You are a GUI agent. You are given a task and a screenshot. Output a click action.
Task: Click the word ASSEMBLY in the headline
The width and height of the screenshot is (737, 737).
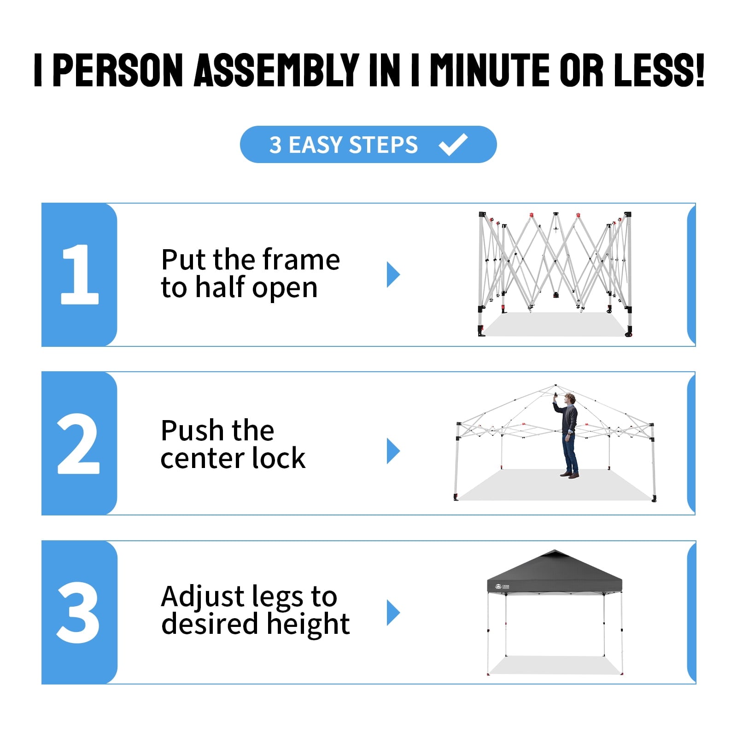coord(277,70)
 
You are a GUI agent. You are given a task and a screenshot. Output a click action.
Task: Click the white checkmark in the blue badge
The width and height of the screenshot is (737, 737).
coord(453,144)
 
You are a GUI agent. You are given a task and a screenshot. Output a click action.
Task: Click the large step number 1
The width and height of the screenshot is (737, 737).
coord(80,274)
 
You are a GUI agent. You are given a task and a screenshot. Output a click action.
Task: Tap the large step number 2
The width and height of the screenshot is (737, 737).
coord(78,444)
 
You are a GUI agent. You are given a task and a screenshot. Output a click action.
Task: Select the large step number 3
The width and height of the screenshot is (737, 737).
coord(78,613)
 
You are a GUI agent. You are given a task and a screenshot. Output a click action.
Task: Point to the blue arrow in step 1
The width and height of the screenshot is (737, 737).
coord(393,275)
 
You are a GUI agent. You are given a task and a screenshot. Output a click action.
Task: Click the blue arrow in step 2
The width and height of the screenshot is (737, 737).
coord(393,451)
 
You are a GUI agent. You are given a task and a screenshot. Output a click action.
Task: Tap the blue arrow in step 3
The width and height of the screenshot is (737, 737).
coord(393,613)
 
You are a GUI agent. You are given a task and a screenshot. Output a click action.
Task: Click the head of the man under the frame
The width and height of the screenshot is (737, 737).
coord(570,399)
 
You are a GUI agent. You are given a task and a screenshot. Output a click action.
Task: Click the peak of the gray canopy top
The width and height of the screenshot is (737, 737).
coord(555,550)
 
